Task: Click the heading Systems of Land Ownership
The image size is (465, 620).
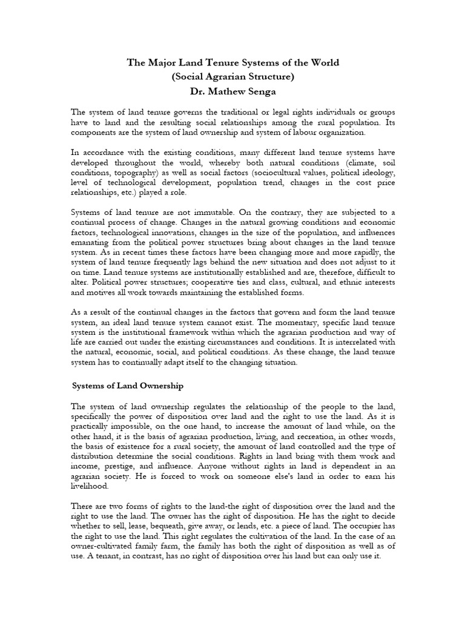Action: [x=128, y=385]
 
